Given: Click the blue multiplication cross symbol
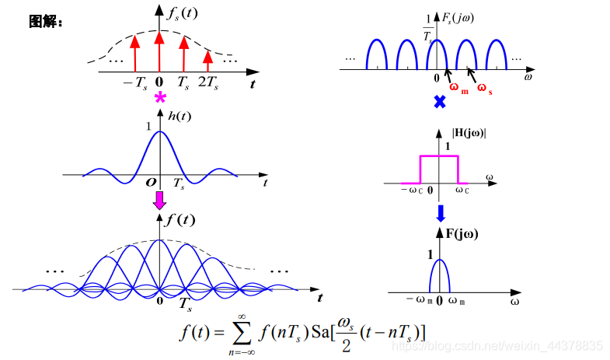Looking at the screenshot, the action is pos(439,101).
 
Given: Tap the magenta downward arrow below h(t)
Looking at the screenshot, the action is pos(159,201).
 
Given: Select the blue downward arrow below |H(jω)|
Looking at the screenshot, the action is pos(440,212).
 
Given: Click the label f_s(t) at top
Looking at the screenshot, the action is pos(182,12).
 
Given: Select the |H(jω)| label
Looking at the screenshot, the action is pos(469,133).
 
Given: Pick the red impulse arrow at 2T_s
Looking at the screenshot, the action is pos(207,61).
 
